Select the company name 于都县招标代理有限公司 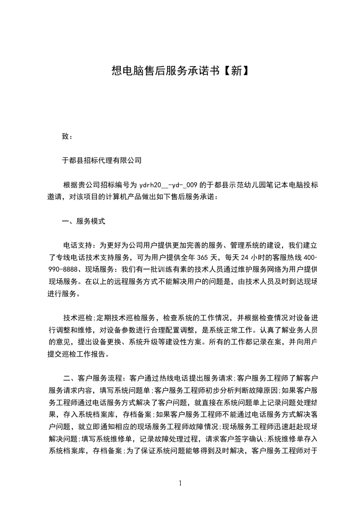coord(102,160)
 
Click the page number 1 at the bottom coord(180,483)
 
